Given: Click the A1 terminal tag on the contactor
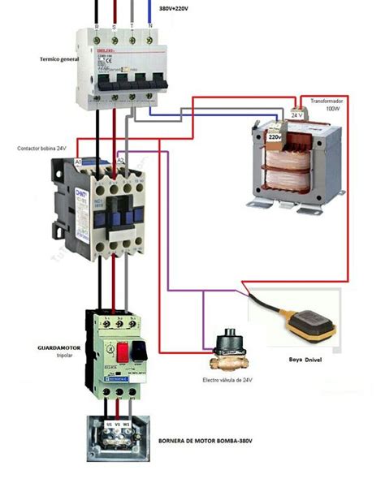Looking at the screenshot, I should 78,162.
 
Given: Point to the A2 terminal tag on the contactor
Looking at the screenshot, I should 119,162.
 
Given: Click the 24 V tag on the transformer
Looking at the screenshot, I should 296,115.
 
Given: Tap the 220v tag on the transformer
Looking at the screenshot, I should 275,138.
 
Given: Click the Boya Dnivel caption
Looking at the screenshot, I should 306,359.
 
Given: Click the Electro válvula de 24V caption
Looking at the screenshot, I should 227,380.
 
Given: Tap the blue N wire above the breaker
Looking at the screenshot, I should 149,12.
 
